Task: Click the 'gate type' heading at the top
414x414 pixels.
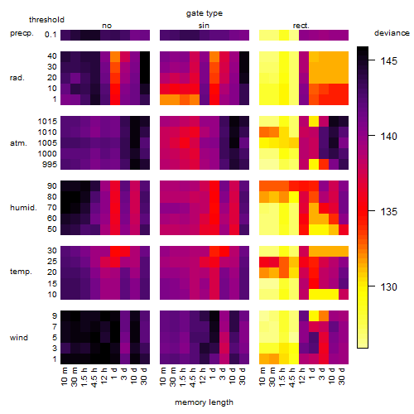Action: click(205, 13)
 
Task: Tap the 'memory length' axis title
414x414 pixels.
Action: click(204, 402)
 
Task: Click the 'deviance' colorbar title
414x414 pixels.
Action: click(392, 33)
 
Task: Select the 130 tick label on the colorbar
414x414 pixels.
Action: click(388, 287)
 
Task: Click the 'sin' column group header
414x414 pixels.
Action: click(204, 26)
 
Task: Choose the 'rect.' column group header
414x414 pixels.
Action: click(301, 26)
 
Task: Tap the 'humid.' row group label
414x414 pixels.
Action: click(23, 208)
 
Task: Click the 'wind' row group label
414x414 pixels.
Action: click(19, 338)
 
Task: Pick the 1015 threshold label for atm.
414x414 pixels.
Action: click(47, 122)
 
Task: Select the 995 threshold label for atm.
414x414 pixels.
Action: click(50, 165)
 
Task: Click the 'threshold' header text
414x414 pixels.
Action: click(46, 20)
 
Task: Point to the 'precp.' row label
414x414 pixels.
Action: click(22, 33)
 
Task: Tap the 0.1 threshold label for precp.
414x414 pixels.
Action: click(51, 35)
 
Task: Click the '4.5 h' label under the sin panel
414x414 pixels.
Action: click(193, 378)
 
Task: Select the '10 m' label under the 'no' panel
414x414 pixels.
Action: click(65, 377)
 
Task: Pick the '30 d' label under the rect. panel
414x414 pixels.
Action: click(342, 377)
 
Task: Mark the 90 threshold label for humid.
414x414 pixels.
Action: click(52, 186)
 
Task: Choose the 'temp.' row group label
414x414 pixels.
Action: click(21, 272)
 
